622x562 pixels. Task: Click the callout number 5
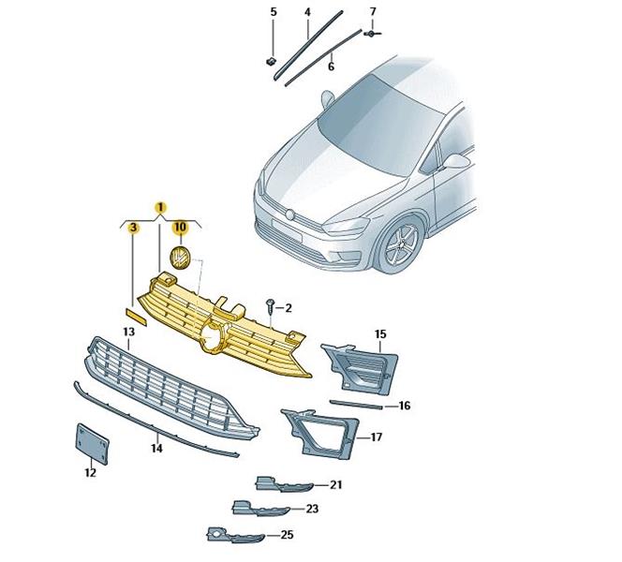tap(274, 12)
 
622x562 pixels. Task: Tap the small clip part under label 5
tap(272, 62)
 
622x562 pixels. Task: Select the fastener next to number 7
tap(372, 34)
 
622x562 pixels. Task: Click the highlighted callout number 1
tap(160, 207)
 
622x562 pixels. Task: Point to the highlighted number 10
tap(180, 227)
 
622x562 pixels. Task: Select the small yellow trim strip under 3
tap(137, 317)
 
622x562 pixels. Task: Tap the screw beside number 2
tap(271, 304)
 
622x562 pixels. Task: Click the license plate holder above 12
tap(92, 444)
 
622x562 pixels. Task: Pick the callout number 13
tap(129, 332)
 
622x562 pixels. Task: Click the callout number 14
tap(156, 448)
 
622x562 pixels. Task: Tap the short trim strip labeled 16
tap(356, 404)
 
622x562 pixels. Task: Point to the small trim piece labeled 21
tap(283, 484)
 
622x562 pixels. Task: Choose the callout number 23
tap(312, 509)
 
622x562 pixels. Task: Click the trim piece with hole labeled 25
tap(235, 535)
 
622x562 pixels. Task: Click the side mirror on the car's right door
tap(454, 161)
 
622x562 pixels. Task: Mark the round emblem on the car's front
tap(290, 214)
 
